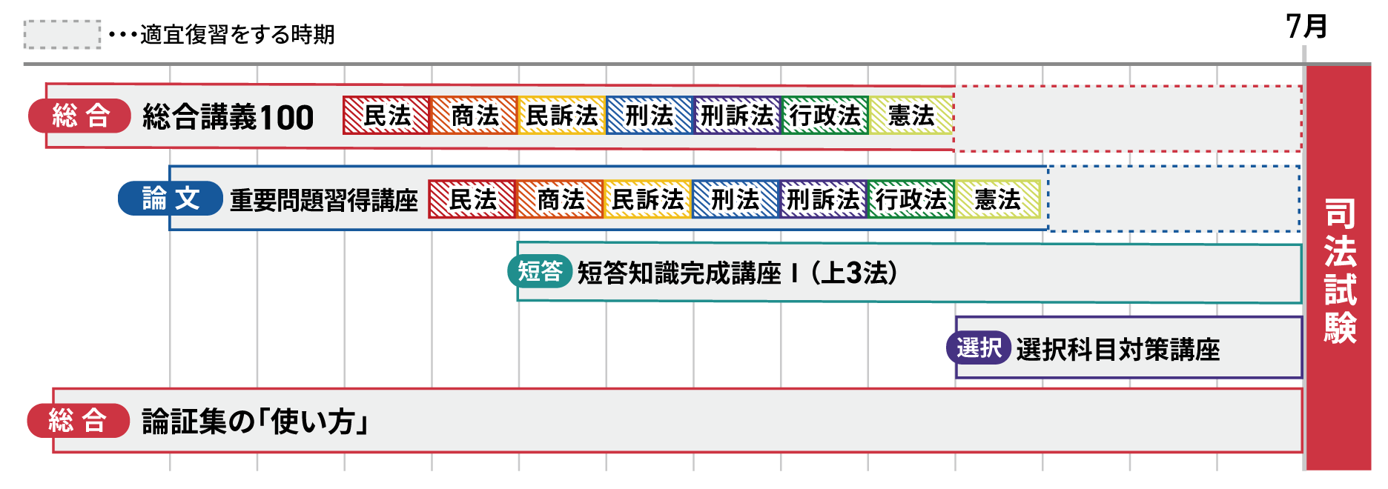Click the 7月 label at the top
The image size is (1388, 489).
(x=1306, y=27)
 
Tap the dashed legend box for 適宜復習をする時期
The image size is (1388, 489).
(x=62, y=34)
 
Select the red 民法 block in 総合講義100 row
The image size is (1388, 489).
(x=386, y=116)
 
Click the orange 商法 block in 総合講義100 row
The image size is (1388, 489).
(x=474, y=116)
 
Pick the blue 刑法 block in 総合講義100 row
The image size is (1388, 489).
(x=649, y=116)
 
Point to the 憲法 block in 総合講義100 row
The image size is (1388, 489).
(x=911, y=116)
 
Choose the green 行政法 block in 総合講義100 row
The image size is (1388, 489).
(x=824, y=116)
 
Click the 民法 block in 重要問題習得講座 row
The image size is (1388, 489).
(x=472, y=199)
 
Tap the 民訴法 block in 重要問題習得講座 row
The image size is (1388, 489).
(x=647, y=199)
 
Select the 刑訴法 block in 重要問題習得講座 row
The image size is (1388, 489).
(x=822, y=199)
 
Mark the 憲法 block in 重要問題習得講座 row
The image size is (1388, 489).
(x=997, y=199)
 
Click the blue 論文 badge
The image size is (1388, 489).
(x=171, y=199)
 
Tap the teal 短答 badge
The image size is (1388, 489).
(x=540, y=271)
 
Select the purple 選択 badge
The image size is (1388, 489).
(x=979, y=347)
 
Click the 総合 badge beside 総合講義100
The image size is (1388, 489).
(x=80, y=116)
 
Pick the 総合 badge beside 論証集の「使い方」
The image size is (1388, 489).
(x=79, y=421)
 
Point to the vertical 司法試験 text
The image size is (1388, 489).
(x=1340, y=270)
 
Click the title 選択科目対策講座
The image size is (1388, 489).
(x=1117, y=349)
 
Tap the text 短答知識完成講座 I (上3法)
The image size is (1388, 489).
(x=737, y=273)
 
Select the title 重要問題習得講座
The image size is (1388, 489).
(x=324, y=200)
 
